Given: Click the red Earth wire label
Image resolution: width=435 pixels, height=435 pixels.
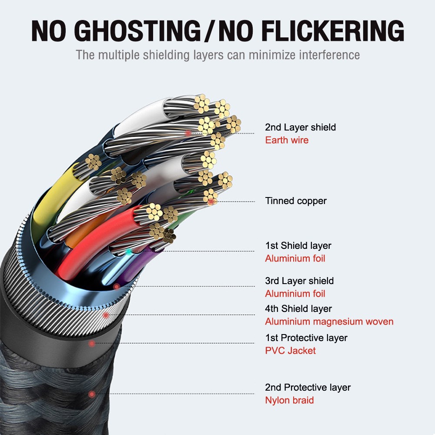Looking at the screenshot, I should tap(287, 140).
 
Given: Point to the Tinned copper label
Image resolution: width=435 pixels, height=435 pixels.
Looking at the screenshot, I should tap(296, 201).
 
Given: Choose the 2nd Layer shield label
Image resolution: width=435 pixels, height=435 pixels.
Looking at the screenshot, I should tap(300, 127).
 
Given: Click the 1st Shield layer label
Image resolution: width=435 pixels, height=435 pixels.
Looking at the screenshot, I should tap(298, 246).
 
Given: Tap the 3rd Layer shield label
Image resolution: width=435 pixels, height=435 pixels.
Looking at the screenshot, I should tap(299, 281).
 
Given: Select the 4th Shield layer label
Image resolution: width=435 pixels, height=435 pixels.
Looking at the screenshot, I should tap(298, 309).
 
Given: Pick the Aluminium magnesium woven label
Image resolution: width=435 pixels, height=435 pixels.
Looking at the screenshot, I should tap(329, 322).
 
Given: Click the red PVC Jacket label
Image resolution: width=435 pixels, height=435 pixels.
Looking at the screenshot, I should tap(291, 351).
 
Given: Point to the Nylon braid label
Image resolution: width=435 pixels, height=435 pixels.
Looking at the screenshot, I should tap(289, 400).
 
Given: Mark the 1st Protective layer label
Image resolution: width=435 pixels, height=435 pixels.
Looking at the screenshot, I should tap(306, 338).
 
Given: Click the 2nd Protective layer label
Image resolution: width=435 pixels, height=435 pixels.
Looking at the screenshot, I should tap(308, 388).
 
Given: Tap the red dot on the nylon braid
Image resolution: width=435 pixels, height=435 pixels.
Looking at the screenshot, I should tap(92, 394).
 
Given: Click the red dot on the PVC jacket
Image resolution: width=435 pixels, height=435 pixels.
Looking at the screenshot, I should tap(92, 344).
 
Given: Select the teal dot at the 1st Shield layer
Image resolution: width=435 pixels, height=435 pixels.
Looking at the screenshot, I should tap(128, 251).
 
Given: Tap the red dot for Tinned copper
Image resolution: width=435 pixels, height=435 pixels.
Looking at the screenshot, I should tap(211, 201).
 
